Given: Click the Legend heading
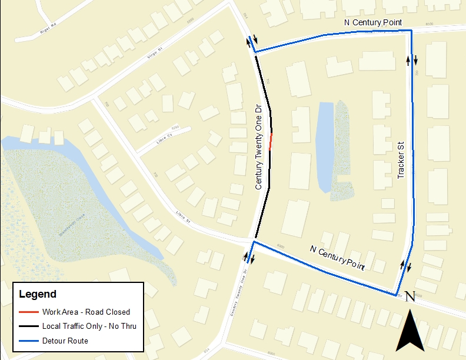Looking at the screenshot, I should coord(38,294).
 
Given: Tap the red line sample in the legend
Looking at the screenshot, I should coord(28,312).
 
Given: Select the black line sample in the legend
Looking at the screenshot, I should coord(28,326).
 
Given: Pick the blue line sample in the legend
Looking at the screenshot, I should coord(28,341).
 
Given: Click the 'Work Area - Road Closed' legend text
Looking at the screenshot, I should coord(86,312).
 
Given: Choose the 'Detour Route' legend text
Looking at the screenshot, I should coord(65,341).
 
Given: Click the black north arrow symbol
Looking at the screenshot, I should coord(411,332).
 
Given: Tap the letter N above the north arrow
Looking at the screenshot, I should coord(411,298).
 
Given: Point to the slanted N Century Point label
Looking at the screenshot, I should coord(337,258).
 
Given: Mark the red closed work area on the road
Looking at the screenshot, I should coord(271,142).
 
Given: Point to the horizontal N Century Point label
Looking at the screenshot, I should coord(372,22).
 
